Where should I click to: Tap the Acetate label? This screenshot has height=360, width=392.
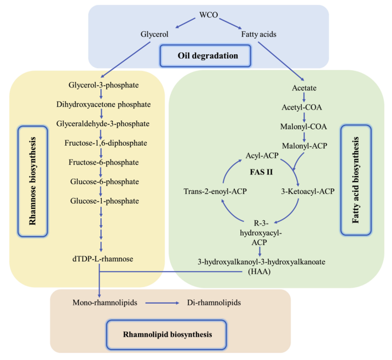tap(305, 88)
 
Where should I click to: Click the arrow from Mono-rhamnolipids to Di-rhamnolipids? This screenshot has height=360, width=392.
tap(162, 302)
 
